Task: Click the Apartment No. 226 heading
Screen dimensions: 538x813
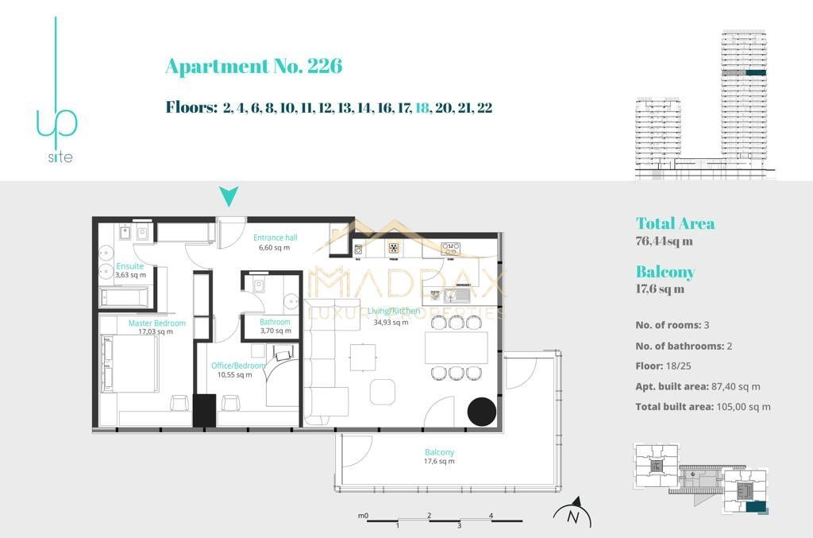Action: (253, 66)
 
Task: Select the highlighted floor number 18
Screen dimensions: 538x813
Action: (421, 108)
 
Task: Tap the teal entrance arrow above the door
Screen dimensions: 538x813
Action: (229, 196)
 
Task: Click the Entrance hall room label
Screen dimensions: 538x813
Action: (275, 238)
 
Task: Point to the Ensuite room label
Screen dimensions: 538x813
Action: (130, 266)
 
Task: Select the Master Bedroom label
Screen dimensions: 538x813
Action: (156, 323)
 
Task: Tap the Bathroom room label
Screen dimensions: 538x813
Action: (275, 322)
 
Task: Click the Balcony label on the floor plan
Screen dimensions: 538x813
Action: (439, 452)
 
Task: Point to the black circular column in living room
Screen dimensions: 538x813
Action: (481, 411)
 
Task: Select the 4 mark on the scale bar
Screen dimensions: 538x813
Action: (491, 516)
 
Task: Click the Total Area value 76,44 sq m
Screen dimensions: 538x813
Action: (664, 242)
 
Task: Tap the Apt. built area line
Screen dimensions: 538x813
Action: (698, 387)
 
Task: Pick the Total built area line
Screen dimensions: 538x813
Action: (703, 407)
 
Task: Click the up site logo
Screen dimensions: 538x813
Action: (57, 119)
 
